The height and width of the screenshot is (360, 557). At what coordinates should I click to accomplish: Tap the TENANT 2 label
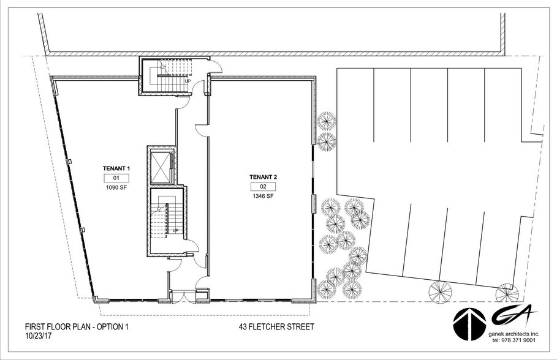263,177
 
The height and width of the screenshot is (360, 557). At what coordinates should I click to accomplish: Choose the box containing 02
263,187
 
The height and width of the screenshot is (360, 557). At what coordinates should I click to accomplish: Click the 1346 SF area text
263,197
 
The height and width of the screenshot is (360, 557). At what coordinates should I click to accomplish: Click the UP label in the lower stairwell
175,230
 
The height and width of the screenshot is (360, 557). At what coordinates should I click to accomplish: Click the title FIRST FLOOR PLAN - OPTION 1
77,327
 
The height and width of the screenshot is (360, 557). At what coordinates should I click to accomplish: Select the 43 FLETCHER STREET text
276,327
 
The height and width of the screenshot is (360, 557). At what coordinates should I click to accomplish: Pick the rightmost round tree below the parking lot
507,293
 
